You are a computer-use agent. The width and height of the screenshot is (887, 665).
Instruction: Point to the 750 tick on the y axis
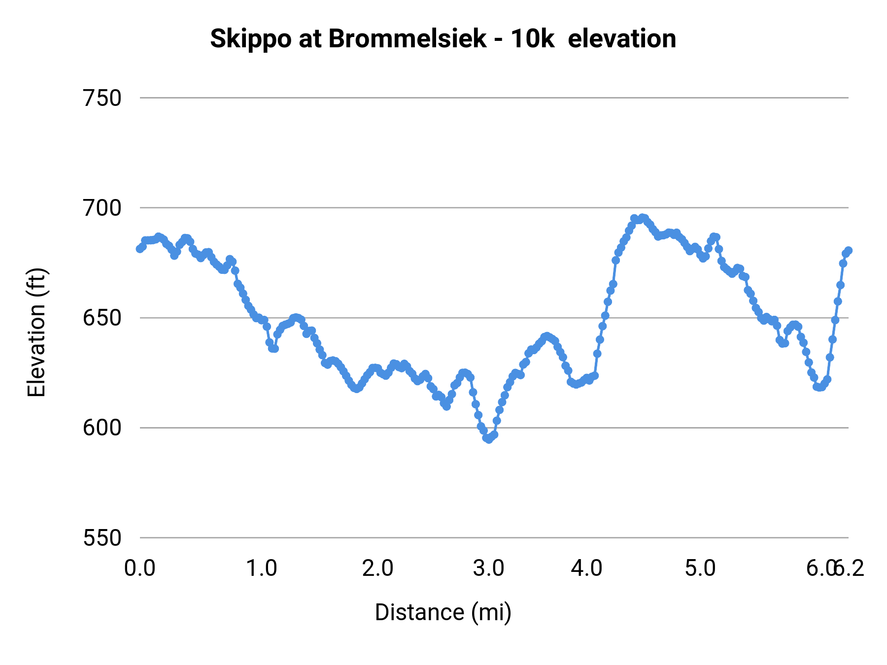tap(102, 98)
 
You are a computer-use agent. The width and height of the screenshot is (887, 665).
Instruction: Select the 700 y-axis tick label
tap(102, 208)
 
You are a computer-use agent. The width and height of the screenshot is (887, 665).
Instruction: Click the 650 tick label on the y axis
tap(102, 318)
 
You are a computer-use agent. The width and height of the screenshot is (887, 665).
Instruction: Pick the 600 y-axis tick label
tap(102, 428)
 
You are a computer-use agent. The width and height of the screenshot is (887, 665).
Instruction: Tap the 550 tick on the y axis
tap(102, 537)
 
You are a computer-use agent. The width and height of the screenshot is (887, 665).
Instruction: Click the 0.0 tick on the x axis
tap(140, 568)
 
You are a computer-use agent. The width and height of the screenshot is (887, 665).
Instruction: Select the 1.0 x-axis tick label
tap(262, 568)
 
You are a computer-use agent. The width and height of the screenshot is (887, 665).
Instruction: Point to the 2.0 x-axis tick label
tap(377, 568)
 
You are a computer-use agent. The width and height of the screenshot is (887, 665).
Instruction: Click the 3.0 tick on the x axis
tap(488, 568)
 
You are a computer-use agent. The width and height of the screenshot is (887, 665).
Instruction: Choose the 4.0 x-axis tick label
tap(586, 568)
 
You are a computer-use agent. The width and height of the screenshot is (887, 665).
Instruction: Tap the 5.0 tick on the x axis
tap(700, 568)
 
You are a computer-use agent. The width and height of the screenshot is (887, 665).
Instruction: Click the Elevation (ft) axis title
tap(36, 332)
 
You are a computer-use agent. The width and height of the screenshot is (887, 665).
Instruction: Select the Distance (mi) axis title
tap(443, 612)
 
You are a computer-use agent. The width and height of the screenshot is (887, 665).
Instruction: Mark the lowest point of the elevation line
tap(488, 439)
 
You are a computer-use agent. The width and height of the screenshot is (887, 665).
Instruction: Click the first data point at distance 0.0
tap(140, 249)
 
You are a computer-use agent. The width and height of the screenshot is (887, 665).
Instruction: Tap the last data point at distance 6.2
tap(848, 250)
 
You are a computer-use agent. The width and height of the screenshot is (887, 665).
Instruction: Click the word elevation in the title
tap(622, 39)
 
